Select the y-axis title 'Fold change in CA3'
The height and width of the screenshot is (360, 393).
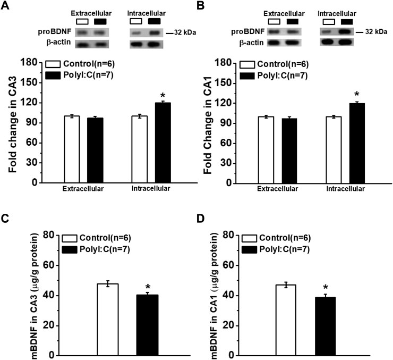[13, 123]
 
